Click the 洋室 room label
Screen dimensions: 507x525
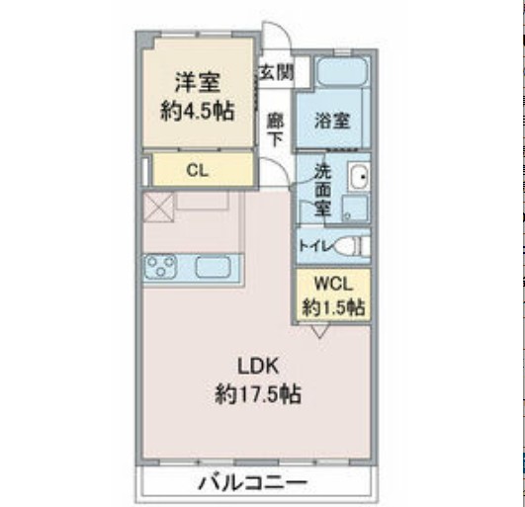pos(198,81)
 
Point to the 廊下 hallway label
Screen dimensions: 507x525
pos(276,127)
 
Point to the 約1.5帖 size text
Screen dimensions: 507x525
pos(333,306)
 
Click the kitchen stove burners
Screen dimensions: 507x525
pos(164,266)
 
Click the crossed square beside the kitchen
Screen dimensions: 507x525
pos(159,207)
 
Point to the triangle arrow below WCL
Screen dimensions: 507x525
pos(318,333)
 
